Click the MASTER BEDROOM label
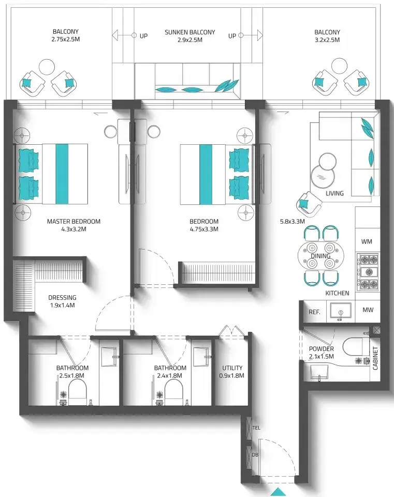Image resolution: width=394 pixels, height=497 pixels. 74,221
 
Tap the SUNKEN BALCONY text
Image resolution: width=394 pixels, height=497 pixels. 189,32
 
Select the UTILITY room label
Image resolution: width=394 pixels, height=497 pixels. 232,368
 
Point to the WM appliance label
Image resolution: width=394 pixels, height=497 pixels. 367,242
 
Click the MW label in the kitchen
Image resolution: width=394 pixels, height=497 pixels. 368,310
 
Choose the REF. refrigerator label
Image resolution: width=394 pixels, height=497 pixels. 314,312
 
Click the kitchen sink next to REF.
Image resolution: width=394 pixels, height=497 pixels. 340,311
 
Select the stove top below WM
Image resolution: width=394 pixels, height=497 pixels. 368,272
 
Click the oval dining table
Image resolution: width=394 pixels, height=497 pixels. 320,255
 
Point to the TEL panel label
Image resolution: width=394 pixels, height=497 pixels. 256,427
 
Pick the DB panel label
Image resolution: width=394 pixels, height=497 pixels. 255,454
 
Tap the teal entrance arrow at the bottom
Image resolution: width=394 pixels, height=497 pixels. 278,492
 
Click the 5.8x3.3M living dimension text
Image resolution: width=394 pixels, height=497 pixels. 292,221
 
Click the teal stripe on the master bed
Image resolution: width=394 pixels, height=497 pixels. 62,174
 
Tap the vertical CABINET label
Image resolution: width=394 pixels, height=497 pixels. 375,358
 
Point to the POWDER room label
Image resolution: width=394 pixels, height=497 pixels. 322,349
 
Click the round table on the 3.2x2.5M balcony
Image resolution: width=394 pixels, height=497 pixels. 339,66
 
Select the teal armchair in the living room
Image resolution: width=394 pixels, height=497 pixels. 309,204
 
